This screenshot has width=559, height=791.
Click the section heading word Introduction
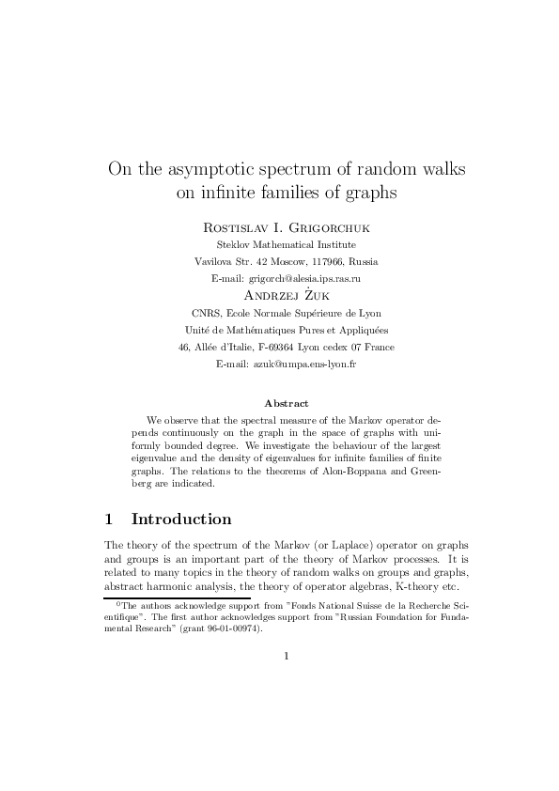[181, 519]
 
